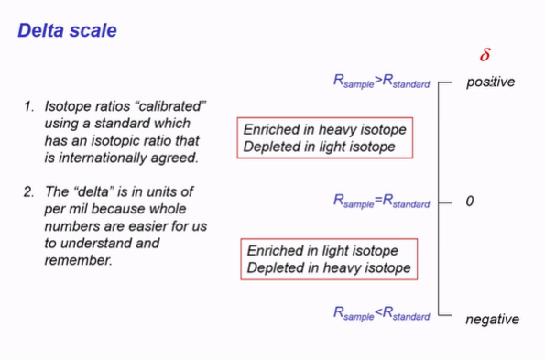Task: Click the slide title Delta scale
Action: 67,30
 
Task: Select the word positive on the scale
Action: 490,82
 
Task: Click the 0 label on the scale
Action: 469,201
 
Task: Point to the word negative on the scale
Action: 492,319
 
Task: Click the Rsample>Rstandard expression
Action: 381,82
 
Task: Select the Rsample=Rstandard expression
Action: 381,201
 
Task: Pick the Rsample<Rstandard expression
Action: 381,314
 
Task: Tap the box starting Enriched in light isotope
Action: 329,259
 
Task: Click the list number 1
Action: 29,107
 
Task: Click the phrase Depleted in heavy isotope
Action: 329,268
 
